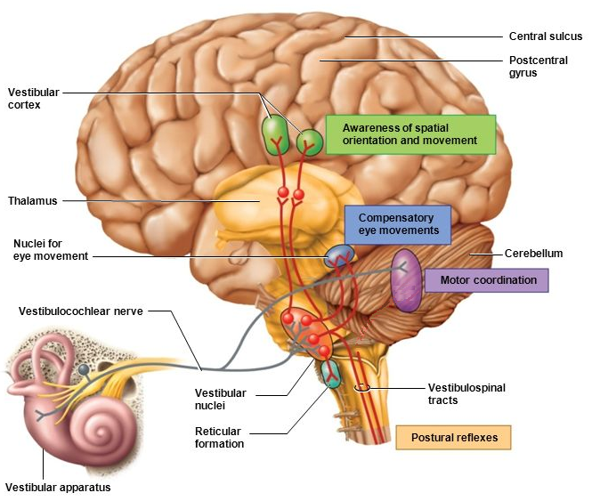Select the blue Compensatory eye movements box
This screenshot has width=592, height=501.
tap(395, 223)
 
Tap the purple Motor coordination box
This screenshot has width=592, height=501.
tap(487, 280)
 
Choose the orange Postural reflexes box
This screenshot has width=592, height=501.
tap(454, 438)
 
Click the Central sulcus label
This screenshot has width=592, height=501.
tap(545, 36)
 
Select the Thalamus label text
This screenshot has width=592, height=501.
tap(32, 201)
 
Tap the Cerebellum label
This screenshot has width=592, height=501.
tap(533, 254)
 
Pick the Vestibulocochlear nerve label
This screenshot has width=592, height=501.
tap(81, 311)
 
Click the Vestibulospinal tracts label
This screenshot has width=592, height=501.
tap(455, 393)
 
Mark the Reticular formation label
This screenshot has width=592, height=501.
tap(218, 437)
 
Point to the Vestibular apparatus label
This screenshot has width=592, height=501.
tap(59, 487)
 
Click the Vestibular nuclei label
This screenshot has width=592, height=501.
tap(220, 398)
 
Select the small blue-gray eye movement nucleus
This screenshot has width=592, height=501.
tap(338, 256)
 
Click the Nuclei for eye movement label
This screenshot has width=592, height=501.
tap(50, 249)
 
